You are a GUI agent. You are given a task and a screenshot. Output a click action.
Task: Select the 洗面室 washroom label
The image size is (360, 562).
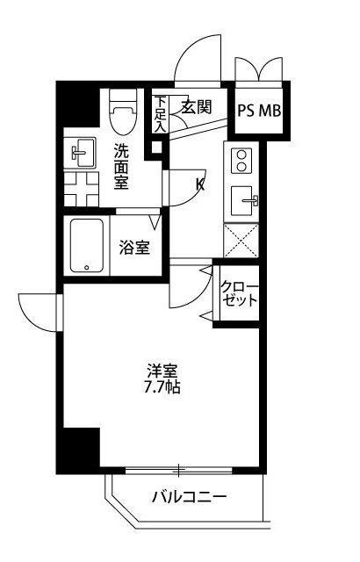coord(122,167)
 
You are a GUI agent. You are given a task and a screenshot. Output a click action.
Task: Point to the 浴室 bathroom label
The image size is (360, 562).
coord(134,247)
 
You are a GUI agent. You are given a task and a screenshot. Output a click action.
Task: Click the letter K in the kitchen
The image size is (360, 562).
coord(199,184)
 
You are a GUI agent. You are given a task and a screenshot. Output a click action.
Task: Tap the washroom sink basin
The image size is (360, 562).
coord(83,155)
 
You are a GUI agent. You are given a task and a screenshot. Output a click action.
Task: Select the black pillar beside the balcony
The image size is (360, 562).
coord(78,449)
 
